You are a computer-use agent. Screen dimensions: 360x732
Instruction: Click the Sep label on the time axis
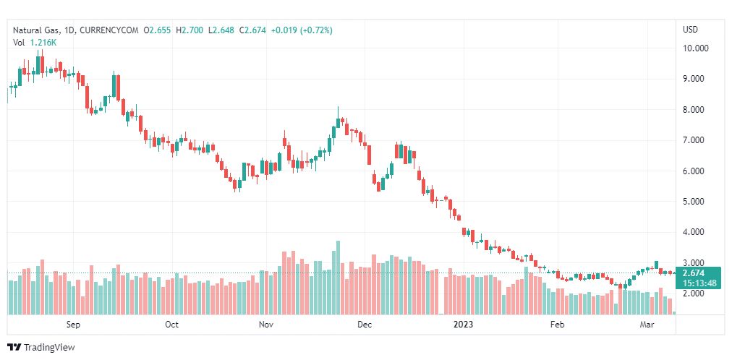[72, 325]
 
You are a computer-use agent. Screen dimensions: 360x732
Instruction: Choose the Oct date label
[171, 325]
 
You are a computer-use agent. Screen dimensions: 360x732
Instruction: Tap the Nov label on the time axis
[265, 325]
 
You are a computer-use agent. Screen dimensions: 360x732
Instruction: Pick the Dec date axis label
[364, 325]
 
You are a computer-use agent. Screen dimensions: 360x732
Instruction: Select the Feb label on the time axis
[557, 325]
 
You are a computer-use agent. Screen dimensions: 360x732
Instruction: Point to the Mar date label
[647, 325]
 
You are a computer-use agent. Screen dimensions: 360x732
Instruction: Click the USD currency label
[690, 30]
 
